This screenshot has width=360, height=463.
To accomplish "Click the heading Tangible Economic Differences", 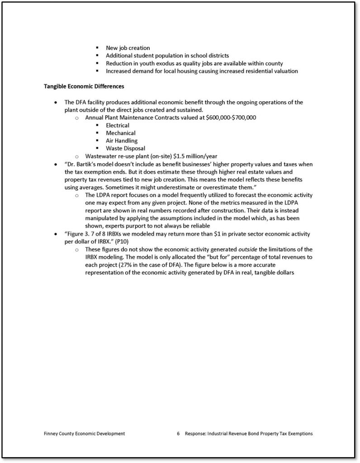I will [84, 86].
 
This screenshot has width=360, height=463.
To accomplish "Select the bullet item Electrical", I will [118, 125].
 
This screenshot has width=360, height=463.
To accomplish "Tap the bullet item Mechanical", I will [121, 133].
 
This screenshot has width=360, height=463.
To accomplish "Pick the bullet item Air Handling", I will [122, 141].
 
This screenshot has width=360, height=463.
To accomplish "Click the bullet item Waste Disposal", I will [125, 148].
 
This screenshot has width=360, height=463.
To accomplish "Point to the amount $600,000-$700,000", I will [231, 118].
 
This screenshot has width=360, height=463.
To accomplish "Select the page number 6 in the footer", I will [179, 434].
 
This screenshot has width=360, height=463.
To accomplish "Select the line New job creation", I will [128, 48].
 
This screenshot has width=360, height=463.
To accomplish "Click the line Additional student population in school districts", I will [167, 56].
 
